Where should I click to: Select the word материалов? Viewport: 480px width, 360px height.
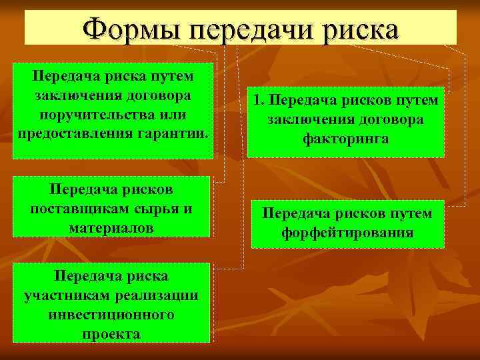click(x=111, y=227)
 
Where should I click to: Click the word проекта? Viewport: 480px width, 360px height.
click(x=111, y=333)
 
